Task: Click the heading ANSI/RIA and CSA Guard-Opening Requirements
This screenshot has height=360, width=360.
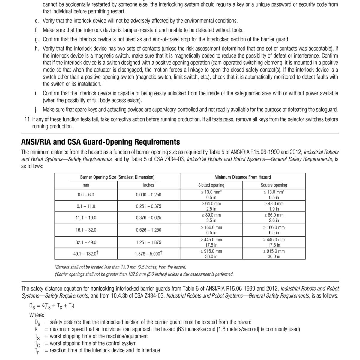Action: (x=100, y=142)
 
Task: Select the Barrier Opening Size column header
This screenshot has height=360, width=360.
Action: (x=117, y=177)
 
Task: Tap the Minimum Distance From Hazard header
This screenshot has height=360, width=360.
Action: (x=242, y=177)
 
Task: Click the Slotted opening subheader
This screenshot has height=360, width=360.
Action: (x=211, y=185)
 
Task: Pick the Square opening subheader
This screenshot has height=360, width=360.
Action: (x=274, y=185)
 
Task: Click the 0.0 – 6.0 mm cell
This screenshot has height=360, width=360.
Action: (x=86, y=195)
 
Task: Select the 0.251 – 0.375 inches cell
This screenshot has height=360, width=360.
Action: (x=148, y=206)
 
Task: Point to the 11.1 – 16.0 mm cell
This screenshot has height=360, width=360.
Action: (x=86, y=218)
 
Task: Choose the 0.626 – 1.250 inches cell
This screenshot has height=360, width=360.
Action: (x=148, y=230)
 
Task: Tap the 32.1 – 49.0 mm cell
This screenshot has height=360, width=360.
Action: (x=86, y=242)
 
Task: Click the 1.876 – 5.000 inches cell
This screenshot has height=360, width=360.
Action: (x=148, y=254)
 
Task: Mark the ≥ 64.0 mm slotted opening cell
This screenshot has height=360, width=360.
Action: (x=211, y=206)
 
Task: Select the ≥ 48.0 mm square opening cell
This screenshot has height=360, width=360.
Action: (x=274, y=206)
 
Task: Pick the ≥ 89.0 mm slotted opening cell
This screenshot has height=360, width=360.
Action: (x=211, y=218)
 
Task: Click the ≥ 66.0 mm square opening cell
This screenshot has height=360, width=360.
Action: (x=274, y=218)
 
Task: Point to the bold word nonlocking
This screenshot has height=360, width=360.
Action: (x=102, y=289)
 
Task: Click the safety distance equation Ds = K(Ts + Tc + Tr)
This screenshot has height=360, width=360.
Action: (x=52, y=306)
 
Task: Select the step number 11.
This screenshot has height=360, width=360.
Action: (x=27, y=119)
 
